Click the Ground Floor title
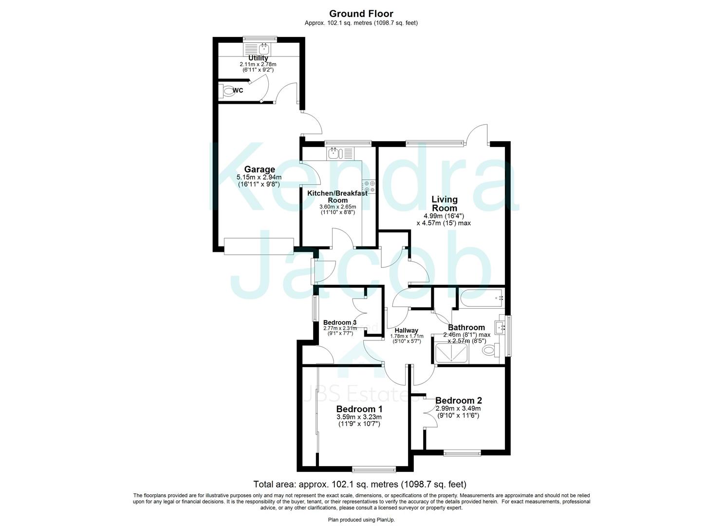361,14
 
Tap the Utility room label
258,58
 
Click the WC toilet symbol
228,91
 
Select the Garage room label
260,170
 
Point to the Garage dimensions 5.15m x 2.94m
259,177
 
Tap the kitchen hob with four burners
369,187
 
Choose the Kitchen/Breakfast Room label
337,196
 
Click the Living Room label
445,204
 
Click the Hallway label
406,331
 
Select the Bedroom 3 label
339,322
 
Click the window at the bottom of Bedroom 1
374,470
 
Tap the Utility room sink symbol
263,48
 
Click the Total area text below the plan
360,484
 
